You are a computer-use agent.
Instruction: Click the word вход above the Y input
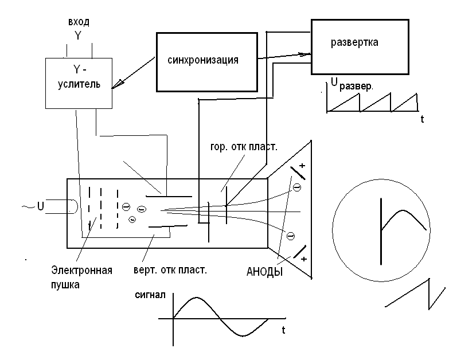(79, 22)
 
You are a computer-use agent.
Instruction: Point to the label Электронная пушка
(81, 277)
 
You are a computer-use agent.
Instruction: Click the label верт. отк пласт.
(170, 270)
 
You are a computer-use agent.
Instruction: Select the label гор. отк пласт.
(244, 147)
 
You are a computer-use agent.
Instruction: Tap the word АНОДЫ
(264, 272)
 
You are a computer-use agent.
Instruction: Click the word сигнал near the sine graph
(150, 295)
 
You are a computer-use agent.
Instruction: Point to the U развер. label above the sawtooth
(352, 84)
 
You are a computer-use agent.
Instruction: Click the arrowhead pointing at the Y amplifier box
(118, 84)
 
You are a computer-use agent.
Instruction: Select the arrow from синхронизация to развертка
(284, 56)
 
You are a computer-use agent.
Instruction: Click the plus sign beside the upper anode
(302, 166)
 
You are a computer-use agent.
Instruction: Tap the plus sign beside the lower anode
(304, 259)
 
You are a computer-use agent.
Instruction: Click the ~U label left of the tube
(33, 206)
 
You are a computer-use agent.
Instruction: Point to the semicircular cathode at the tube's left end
(73, 206)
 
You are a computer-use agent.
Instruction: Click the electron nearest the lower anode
(291, 236)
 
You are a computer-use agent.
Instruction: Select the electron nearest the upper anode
(297, 187)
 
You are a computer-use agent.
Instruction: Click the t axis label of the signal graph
(283, 330)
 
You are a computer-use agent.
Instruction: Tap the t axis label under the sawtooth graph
(423, 119)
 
